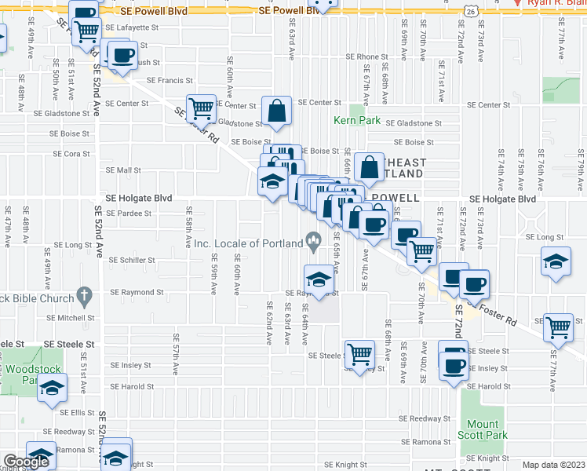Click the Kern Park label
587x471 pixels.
357,120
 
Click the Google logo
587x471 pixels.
26,462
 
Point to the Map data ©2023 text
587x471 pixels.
554,465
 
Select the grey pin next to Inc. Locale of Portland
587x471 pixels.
314,243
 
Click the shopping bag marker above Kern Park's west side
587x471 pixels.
277,111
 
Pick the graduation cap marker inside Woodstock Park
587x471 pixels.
53,389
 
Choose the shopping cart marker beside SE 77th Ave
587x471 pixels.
559,327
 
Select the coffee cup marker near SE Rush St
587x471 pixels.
121,56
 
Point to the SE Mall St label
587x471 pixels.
122,170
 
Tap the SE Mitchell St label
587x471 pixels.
70,318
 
